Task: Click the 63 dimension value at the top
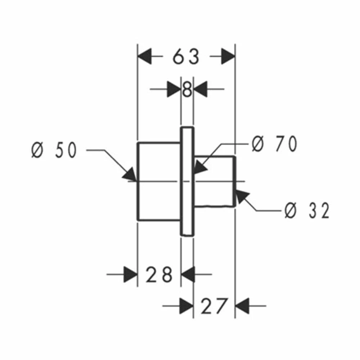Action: pyautogui.click(x=186, y=57)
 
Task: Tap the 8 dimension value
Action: pyautogui.click(x=187, y=89)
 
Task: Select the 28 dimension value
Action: pyautogui.click(x=159, y=274)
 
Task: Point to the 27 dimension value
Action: pyautogui.click(x=213, y=306)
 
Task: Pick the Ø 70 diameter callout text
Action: pyautogui.click(x=274, y=144)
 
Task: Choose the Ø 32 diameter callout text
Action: pyautogui.click(x=307, y=210)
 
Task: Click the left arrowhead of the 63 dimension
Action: pyautogui.click(x=145, y=56)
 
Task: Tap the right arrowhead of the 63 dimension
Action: pyautogui.click(x=228, y=56)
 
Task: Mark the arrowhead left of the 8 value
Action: pyautogui.click(x=174, y=89)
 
